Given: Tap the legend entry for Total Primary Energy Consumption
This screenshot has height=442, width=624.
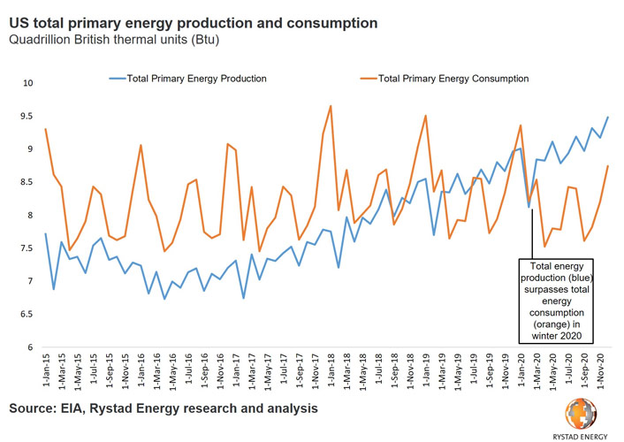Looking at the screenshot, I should click(453, 79).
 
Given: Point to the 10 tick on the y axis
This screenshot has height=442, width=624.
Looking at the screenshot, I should click(27, 83).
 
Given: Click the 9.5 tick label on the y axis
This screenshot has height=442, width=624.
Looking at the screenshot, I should click(27, 117).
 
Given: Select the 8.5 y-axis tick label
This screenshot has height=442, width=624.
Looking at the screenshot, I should click(27, 183).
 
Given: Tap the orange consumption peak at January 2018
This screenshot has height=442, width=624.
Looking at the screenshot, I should click(331, 106).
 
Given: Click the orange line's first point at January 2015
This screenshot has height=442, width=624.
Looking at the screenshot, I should click(45, 130).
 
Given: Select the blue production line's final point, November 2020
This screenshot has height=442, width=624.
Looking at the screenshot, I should click(607, 118).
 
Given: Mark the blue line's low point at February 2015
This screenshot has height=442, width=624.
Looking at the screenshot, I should click(53, 289).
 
